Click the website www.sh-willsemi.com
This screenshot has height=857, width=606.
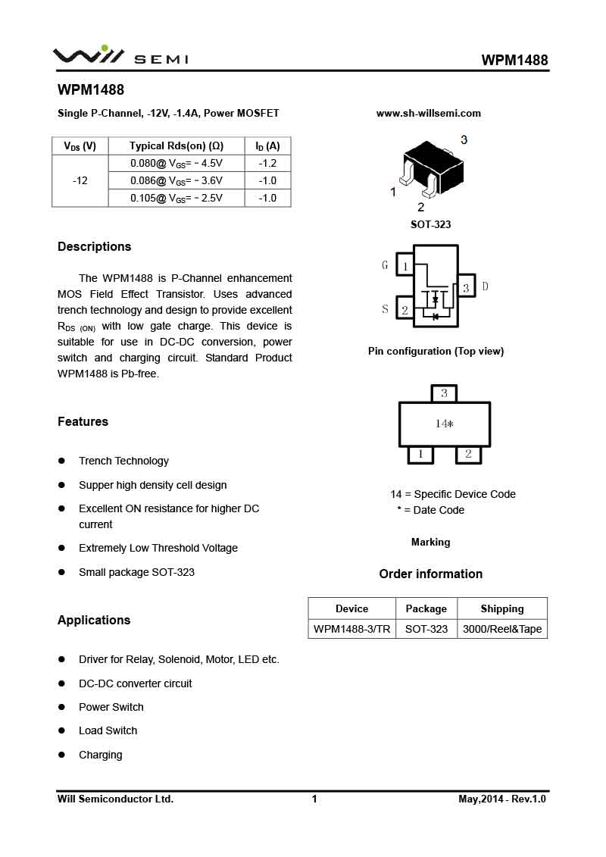[x=428, y=114]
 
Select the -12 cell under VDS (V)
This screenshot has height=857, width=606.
[x=80, y=180]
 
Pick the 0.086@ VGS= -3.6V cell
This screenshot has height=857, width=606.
[x=176, y=180]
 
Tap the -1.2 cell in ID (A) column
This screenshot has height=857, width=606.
[x=267, y=163]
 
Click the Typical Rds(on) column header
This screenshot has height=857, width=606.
[x=176, y=145]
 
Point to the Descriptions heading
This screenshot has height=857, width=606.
[x=94, y=247]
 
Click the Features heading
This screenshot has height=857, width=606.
[x=83, y=422]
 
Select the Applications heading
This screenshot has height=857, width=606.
[x=94, y=621]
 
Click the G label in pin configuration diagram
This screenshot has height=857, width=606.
[x=385, y=265]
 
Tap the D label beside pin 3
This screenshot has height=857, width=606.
[x=485, y=286]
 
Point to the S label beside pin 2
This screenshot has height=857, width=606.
[x=385, y=309]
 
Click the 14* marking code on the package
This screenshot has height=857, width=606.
[x=444, y=424]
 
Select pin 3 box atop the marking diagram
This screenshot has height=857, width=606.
[x=444, y=393]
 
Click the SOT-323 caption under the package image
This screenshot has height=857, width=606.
[x=430, y=225]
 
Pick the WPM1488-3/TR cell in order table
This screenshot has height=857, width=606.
[x=351, y=629]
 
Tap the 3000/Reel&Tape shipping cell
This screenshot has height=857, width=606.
[x=501, y=629]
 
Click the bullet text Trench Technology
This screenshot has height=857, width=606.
[x=123, y=461]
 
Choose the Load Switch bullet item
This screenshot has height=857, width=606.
[x=108, y=730]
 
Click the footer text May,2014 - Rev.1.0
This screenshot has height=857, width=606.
[x=501, y=799]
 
